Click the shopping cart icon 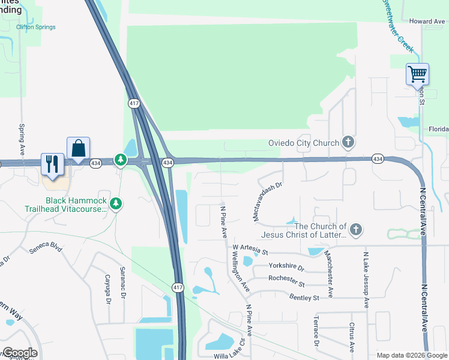click(417, 75)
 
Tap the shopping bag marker click(78, 148)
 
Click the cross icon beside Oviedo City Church click(347, 142)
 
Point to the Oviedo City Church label click(303, 143)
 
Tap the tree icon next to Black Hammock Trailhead click(116, 205)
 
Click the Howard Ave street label click(427, 21)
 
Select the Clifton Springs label click(36, 27)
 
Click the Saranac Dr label click(122, 283)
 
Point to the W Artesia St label click(258, 247)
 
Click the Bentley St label click(304, 297)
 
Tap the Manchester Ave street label click(329, 274)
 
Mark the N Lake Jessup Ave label click(365, 279)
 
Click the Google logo click(19, 353)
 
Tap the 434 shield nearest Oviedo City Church click(377, 158)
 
